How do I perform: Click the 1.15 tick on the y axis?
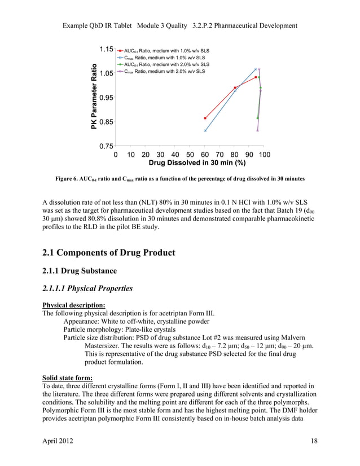(105, 50)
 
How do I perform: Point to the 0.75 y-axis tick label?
(105, 146)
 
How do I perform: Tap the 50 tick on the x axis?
(190, 155)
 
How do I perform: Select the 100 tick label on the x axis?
(264, 155)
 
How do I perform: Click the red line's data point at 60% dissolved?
(205, 118)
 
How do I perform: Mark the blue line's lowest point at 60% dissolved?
(205, 131)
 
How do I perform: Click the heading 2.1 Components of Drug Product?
(109, 252)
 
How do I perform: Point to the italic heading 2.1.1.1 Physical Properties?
(87, 288)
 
